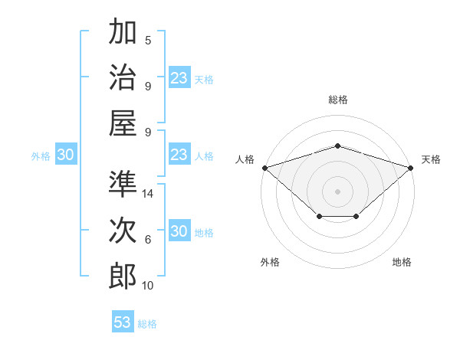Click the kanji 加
[x=123, y=31]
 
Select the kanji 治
[x=123, y=77]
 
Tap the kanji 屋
[x=123, y=123]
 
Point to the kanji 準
[x=123, y=184]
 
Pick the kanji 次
[x=123, y=230]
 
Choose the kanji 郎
[x=123, y=277]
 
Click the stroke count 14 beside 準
[x=147, y=194]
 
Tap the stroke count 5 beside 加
[x=148, y=40]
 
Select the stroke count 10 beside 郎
[x=147, y=286]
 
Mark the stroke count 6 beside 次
[x=148, y=240]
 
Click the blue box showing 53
[x=123, y=321]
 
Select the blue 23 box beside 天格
[x=179, y=77]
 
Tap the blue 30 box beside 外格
[x=66, y=154]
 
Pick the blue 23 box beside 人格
[x=179, y=154]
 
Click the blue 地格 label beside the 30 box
[x=204, y=233]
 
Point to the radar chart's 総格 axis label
[x=338, y=100]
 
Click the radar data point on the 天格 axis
[x=411, y=168]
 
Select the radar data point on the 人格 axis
[x=265, y=168]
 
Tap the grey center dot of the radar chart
[x=337, y=191]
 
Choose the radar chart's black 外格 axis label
[x=270, y=262]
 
